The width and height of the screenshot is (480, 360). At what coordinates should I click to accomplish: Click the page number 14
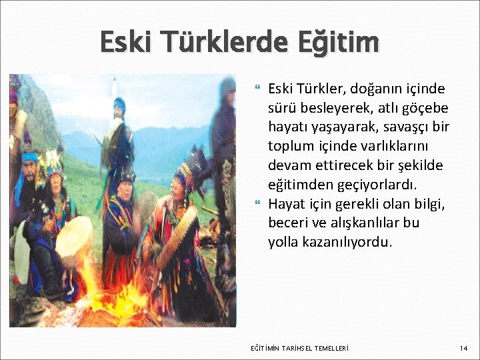tap(464, 348)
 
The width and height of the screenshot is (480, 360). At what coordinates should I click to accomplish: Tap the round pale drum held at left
tap(74, 240)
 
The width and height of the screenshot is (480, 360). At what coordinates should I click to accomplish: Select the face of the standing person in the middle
tap(119, 107)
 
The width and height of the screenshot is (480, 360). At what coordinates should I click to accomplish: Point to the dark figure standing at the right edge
tap(224, 153)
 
